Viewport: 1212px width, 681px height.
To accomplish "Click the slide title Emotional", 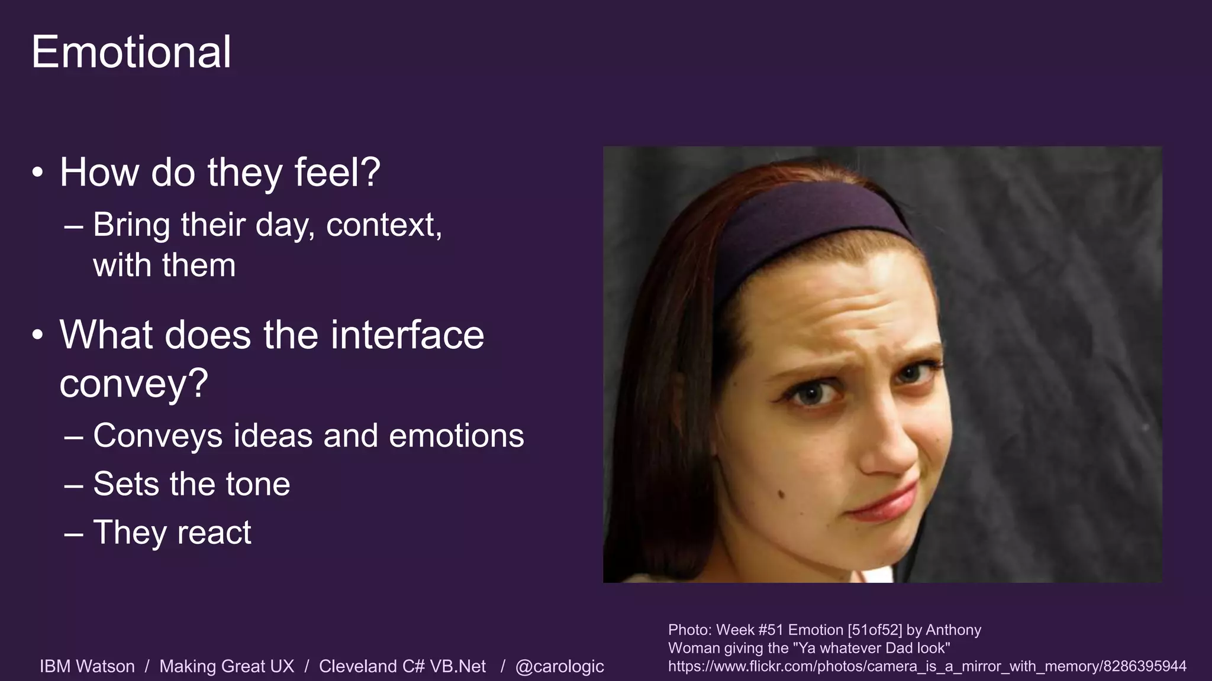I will tap(131, 52).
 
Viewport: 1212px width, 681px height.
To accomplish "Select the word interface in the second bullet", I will tap(407, 335).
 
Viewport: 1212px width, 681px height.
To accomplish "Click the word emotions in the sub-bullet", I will tap(456, 436).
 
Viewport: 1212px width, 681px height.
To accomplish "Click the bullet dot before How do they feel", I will tap(38, 173).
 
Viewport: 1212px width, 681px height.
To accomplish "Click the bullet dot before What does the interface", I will tap(38, 335).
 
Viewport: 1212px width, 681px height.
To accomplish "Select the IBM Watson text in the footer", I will tap(87, 666).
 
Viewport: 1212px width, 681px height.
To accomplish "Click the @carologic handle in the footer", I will tap(559, 666).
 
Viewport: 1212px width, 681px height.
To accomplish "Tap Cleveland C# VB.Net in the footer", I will tap(402, 666).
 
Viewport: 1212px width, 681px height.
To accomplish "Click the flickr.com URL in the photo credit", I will tap(927, 666).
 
